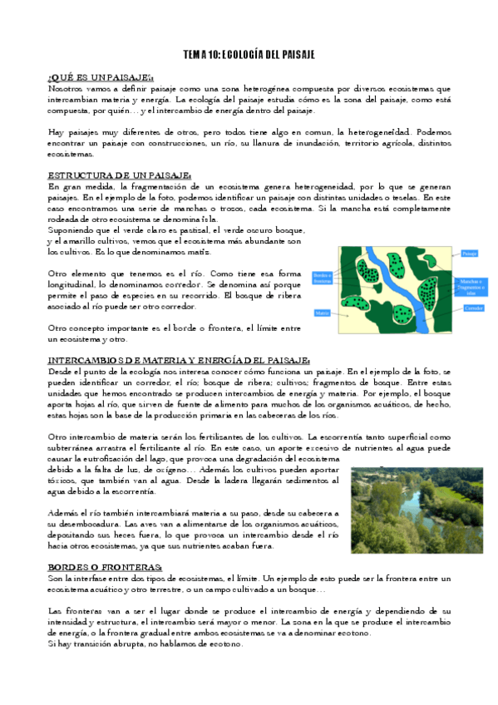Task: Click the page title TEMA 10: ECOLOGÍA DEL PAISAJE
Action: coord(249,54)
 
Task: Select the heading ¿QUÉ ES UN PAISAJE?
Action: coord(101,76)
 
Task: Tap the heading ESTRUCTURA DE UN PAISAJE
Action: coord(120,175)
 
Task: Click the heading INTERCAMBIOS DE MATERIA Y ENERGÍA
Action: coord(179,359)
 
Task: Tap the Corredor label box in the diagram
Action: coord(474,307)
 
